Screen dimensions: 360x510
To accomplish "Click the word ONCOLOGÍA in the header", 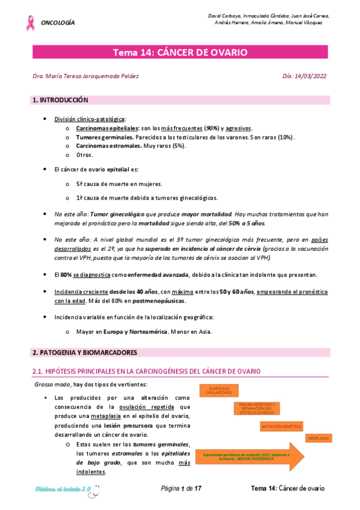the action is (58, 23).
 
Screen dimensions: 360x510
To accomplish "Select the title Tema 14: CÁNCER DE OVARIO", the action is (180, 53).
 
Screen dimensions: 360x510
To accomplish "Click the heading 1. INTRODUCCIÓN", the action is (60, 99).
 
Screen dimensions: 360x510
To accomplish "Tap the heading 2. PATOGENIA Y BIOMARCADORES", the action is (85, 352).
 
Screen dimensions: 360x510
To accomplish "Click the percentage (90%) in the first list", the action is (212, 128).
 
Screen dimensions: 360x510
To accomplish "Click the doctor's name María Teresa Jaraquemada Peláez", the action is (84, 77).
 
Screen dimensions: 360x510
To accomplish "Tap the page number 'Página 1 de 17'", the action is (182, 488).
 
